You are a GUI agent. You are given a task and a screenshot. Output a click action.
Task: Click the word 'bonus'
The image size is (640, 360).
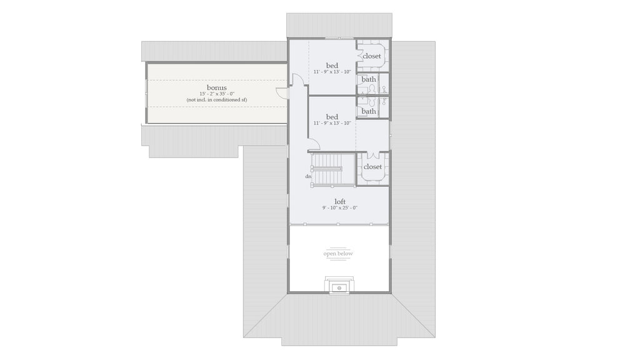coord(217,87)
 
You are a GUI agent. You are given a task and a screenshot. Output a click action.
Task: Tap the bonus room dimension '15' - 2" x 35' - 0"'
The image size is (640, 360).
coord(217,94)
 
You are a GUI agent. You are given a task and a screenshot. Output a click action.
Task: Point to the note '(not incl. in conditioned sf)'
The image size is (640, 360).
coord(217,100)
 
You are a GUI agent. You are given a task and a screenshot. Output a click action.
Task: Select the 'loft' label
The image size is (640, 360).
coord(340,201)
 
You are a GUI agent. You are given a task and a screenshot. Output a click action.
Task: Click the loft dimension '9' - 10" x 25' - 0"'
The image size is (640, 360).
coord(340,207)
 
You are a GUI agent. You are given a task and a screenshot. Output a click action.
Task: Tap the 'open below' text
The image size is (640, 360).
coord(338,253)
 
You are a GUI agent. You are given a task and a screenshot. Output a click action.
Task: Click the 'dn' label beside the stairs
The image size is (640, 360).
coord(308,176)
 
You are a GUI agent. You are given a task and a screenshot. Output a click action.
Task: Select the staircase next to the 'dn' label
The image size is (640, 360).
coord(327,169)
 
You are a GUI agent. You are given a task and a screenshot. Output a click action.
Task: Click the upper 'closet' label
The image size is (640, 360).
coord(372,56)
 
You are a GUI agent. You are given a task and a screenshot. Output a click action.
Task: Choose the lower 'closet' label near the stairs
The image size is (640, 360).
coord(372,167)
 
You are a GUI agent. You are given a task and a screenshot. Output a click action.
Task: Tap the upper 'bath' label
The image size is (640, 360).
coord(369,79)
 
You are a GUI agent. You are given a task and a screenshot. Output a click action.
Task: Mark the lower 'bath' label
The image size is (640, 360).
coord(369,111)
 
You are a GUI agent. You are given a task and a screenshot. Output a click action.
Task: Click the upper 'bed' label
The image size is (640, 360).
coord(332,66)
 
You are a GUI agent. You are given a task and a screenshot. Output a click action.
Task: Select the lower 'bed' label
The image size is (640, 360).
coord(332,117)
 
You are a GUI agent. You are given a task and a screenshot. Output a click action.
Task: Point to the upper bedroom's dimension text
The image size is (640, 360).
coord(332,72)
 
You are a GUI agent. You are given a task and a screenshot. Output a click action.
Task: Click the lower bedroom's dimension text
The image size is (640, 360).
coord(332,123)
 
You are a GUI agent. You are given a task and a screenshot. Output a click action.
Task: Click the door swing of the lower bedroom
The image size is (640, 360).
coord(314,144)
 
